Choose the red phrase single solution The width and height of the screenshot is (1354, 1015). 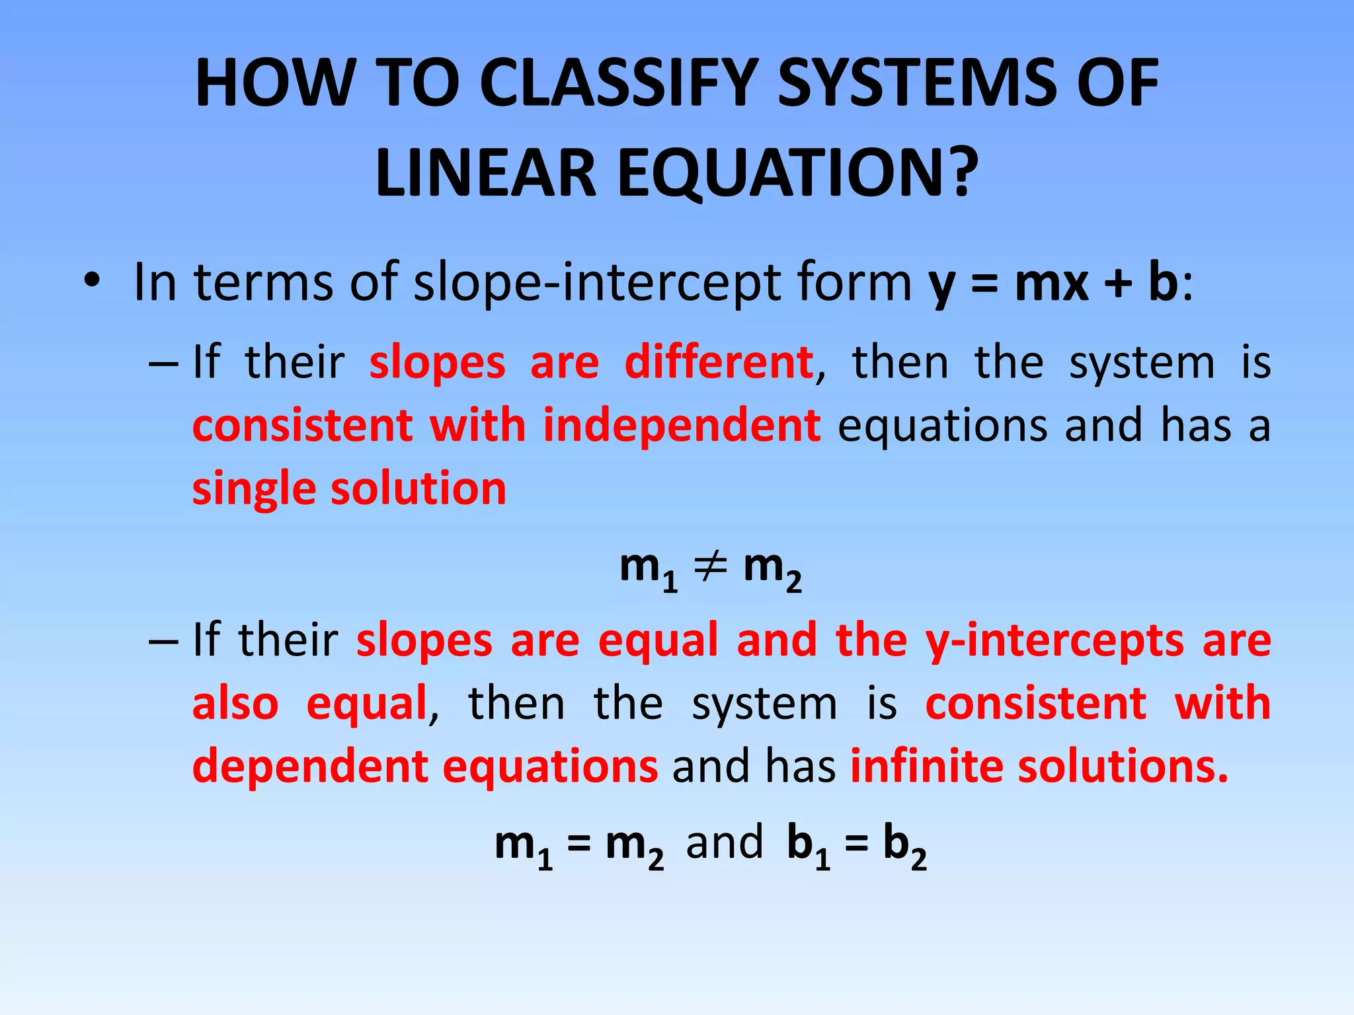coord(349,488)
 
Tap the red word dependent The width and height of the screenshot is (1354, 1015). coord(311,767)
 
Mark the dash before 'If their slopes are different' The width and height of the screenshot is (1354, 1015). coord(163,363)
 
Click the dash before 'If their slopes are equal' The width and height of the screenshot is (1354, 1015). coord(163,641)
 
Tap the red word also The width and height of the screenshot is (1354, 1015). coord(235,703)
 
